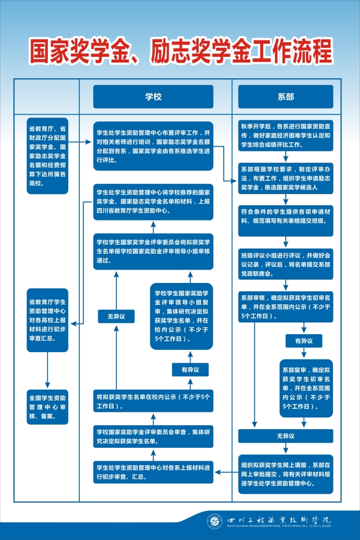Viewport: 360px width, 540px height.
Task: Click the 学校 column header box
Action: coord(154,97)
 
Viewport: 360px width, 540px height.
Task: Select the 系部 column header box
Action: coord(286,97)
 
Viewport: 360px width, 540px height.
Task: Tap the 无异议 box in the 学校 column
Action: coord(116,316)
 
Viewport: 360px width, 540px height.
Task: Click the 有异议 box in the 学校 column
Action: coord(190,370)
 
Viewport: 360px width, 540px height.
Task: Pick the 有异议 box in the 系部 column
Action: coord(304,341)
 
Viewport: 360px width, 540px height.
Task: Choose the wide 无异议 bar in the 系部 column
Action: coord(286,435)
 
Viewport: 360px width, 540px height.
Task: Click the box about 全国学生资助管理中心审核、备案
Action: coord(48,407)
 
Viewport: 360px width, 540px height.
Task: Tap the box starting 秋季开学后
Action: coord(286,136)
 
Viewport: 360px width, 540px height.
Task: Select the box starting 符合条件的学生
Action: coord(286,220)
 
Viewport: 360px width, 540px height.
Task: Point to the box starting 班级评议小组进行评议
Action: coord(286,264)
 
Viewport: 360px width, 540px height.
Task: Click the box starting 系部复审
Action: coord(306,388)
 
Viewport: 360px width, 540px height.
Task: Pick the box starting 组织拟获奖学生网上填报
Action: coord(286,474)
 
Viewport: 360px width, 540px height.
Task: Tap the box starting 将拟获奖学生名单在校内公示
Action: coord(154,401)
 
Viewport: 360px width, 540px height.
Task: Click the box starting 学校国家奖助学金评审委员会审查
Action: coord(154,436)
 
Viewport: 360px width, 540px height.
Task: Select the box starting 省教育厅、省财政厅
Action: coord(48,156)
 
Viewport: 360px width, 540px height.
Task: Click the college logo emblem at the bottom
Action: coord(215,521)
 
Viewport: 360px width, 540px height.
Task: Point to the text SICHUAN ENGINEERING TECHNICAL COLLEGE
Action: coord(278,526)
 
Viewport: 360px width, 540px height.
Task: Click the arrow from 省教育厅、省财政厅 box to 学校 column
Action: coord(80,142)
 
